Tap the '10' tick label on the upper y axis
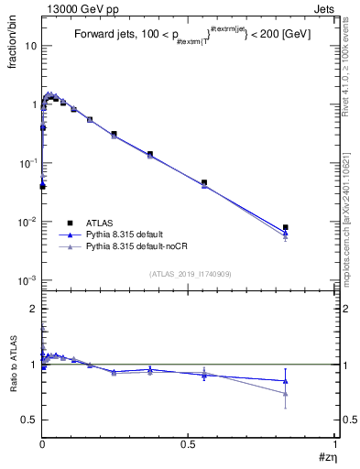(x=29, y=46)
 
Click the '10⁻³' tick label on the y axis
(x=27, y=280)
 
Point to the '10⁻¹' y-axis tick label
(x=27, y=163)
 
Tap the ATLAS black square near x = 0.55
(x=204, y=182)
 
